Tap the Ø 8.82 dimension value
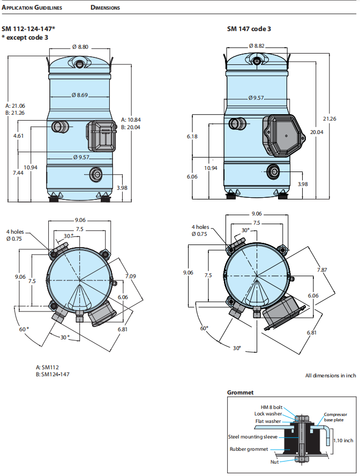click(x=257, y=46)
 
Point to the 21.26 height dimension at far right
click(x=330, y=118)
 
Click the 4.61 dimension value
click(x=19, y=136)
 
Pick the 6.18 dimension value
click(x=193, y=137)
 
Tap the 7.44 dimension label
click(x=19, y=173)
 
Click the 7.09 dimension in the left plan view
click(x=131, y=276)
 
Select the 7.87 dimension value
click(x=321, y=270)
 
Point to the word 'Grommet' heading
click(x=240, y=392)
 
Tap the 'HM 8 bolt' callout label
click(x=272, y=407)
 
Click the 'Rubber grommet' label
click(x=249, y=449)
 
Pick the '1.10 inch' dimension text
click(x=343, y=441)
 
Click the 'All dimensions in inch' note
click(x=331, y=376)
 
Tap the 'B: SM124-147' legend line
click(x=52, y=374)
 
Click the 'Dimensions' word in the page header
click(x=106, y=8)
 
